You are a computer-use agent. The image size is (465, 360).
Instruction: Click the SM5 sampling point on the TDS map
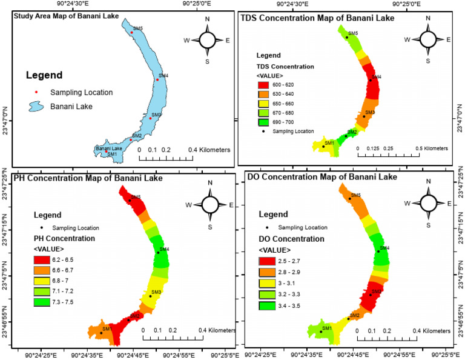click(347, 38)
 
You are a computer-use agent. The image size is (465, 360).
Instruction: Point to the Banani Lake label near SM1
click(109, 148)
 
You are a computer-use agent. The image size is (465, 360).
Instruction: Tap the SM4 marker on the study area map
click(157, 79)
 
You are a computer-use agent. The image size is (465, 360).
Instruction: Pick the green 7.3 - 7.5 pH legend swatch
click(41, 301)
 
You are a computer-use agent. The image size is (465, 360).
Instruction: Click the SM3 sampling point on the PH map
click(150, 296)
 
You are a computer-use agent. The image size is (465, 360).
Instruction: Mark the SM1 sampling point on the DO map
click(320, 332)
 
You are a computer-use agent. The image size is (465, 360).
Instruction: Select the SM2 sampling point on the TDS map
click(346, 136)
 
